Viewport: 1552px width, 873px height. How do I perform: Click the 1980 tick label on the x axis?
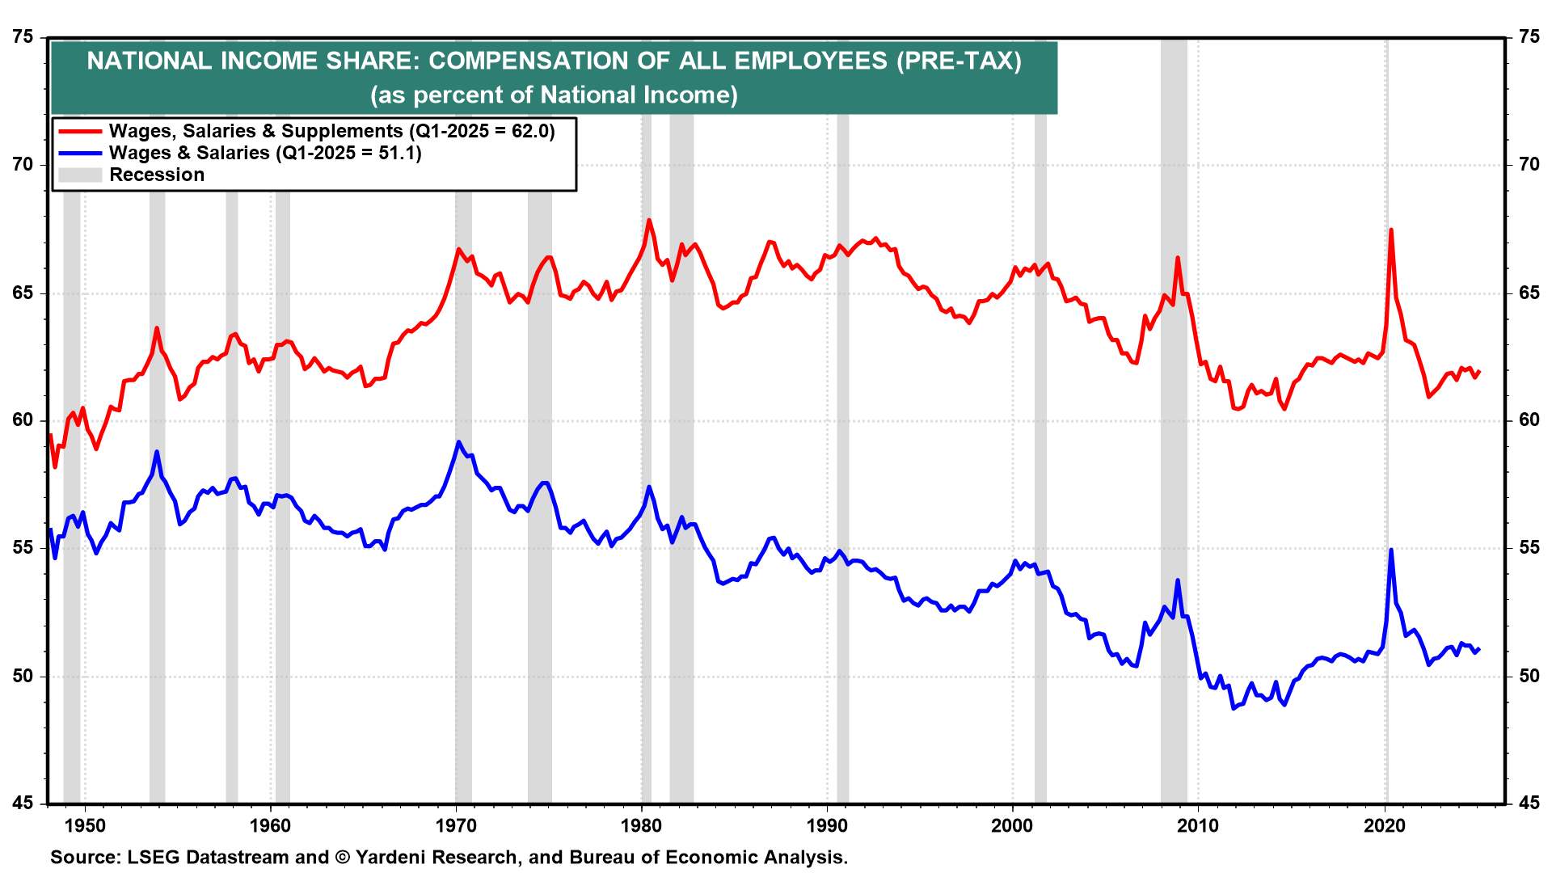point(641,825)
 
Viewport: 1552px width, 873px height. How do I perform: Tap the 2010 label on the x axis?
point(1197,825)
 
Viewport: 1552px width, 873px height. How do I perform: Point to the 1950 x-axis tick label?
point(85,825)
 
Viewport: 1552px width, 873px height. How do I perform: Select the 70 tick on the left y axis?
point(23,165)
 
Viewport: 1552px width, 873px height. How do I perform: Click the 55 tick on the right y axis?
point(1529,548)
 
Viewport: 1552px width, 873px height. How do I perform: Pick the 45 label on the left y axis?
point(23,803)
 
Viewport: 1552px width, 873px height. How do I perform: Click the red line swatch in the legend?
point(80,131)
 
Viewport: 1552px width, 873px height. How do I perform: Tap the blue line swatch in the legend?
point(80,153)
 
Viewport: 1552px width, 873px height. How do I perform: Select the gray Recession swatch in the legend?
point(80,175)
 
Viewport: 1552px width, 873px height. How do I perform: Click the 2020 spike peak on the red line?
point(1390,230)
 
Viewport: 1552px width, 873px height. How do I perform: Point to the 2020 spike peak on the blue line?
point(1390,550)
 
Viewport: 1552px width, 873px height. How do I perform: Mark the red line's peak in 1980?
point(649,220)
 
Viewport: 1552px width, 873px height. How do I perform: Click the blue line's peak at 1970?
point(458,442)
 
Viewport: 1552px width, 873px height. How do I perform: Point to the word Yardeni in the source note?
point(392,857)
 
